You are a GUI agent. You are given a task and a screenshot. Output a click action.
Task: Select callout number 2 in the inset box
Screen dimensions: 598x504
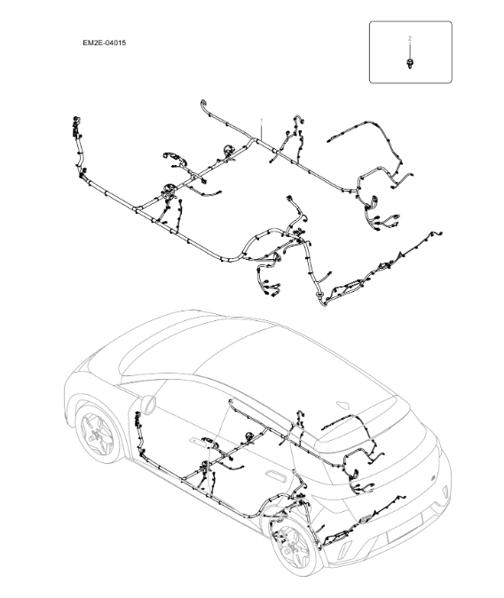click(409, 39)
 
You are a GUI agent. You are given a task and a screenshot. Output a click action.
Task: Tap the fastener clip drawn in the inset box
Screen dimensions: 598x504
click(409, 63)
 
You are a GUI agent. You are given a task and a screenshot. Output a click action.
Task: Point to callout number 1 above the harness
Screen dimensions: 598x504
click(261, 118)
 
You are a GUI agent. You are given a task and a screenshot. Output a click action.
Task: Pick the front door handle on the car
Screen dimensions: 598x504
click(193, 441)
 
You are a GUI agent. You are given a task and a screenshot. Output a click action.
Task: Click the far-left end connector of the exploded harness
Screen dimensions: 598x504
click(71, 122)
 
